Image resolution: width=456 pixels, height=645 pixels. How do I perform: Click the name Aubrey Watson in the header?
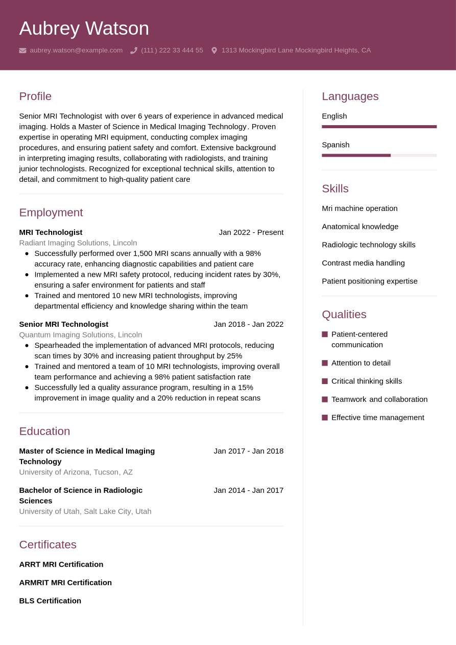[84, 28]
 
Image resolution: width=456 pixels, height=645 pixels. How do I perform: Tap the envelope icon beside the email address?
[22, 51]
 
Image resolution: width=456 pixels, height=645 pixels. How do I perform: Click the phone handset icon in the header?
[134, 51]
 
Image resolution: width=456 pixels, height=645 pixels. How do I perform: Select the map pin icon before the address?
[214, 51]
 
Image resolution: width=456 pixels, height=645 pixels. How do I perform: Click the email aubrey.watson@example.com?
[76, 50]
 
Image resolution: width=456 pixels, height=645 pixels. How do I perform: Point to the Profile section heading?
[35, 96]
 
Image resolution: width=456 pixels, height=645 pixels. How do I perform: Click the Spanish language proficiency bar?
[379, 155]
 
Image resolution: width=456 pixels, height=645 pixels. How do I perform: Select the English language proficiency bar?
[379, 127]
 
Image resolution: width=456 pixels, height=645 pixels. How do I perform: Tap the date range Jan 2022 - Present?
[251, 232]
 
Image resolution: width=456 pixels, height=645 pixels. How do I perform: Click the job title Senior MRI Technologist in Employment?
[63, 324]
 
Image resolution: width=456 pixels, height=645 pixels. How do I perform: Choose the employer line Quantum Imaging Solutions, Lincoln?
[80, 335]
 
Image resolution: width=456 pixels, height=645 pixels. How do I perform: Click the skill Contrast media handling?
[363, 262]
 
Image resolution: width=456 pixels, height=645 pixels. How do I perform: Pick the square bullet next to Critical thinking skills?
[325, 381]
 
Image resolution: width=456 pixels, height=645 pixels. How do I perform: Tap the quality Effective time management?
[377, 417]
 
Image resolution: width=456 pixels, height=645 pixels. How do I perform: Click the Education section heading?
[44, 431]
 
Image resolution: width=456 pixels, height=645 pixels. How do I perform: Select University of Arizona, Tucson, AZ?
[76, 472]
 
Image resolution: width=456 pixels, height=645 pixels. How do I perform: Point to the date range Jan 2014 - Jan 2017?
[248, 490]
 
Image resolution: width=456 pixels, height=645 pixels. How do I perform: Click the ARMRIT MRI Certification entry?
[65, 582]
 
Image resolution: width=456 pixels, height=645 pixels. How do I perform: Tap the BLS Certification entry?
[50, 601]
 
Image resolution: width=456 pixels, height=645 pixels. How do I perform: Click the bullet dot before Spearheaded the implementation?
[27, 345]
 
